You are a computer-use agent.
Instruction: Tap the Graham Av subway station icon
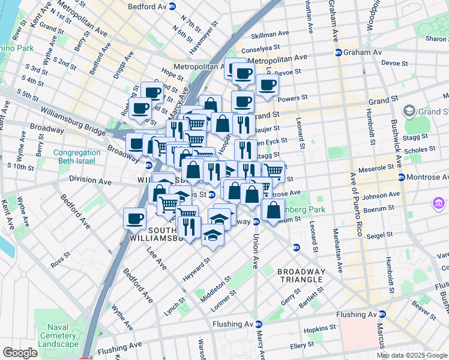pos(338,52)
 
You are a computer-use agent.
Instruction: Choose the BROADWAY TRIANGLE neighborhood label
pos(301,277)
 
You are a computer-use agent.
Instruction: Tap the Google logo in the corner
pos(20,353)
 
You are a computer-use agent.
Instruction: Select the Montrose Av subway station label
pos(427,177)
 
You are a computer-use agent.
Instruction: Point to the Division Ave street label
pos(89,180)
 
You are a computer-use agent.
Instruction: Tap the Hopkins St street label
pos(319,329)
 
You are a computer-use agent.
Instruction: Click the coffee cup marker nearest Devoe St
pos(267,85)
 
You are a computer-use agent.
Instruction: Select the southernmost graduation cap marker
pos(212,235)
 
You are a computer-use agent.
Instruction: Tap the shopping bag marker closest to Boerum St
pos(273,211)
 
